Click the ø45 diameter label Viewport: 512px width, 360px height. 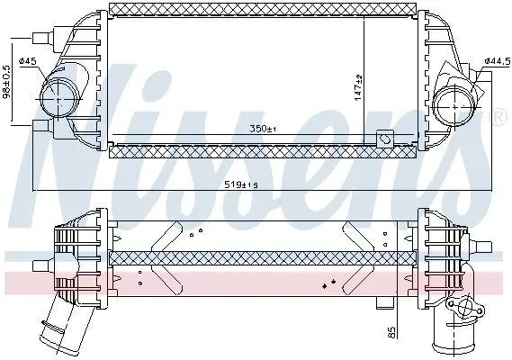tap(28, 61)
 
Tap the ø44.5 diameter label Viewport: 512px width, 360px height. tap(498, 61)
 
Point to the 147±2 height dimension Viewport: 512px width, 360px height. tap(358, 87)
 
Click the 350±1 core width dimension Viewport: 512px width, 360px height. tap(263, 129)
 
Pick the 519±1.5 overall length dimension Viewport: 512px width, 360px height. tap(241, 185)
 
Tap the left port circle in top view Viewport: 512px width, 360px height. tap(58, 98)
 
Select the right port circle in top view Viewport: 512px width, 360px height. tap(456, 106)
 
